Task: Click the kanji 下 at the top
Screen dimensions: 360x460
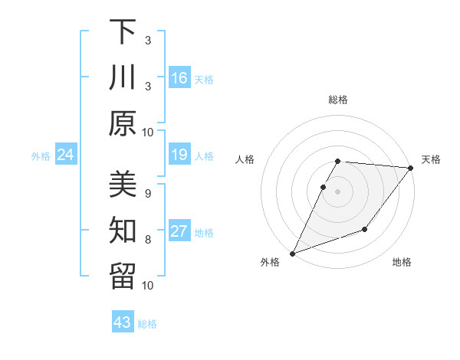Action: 123,31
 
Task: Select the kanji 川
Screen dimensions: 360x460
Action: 123,77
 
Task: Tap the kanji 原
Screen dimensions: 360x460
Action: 123,123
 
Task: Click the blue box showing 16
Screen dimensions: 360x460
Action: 179,78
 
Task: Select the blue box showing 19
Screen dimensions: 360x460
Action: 179,155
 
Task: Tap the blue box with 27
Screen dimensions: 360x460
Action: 179,232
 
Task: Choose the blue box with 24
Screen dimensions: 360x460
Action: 65,155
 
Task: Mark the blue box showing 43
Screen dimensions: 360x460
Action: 123,322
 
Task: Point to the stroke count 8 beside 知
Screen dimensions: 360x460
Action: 147,239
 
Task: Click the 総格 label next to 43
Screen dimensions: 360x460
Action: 147,324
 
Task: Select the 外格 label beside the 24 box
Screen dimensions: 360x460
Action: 41,156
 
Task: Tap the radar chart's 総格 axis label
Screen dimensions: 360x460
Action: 337,100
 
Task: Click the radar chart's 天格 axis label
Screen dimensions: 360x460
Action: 431,159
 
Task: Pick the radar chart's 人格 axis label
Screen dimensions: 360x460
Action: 245,159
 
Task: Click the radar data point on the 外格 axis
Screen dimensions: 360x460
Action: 292,253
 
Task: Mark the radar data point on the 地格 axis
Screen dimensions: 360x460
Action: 365,229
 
